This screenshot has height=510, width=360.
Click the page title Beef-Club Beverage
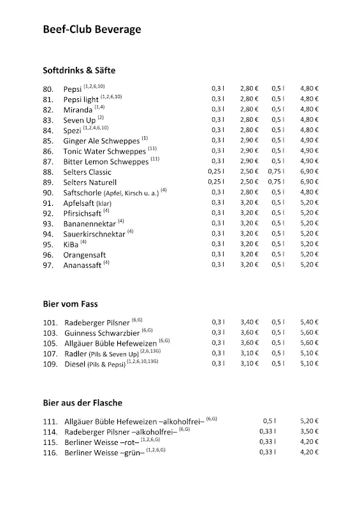click(x=92, y=29)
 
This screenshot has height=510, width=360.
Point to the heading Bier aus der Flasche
click(x=82, y=403)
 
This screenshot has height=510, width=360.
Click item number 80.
click(x=48, y=90)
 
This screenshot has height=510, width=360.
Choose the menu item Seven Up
click(x=80, y=120)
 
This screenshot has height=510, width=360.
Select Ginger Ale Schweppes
click(x=102, y=141)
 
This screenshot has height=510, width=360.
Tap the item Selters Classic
click(x=87, y=172)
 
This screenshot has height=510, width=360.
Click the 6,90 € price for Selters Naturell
click(x=309, y=182)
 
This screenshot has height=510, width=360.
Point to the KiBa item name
click(x=71, y=244)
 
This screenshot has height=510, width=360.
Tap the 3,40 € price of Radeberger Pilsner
click(x=249, y=322)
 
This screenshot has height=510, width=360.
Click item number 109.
click(x=50, y=364)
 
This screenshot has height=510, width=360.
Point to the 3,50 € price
click(x=309, y=432)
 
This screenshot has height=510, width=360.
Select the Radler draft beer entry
click(x=75, y=354)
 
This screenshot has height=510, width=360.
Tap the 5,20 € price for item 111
click(x=309, y=421)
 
